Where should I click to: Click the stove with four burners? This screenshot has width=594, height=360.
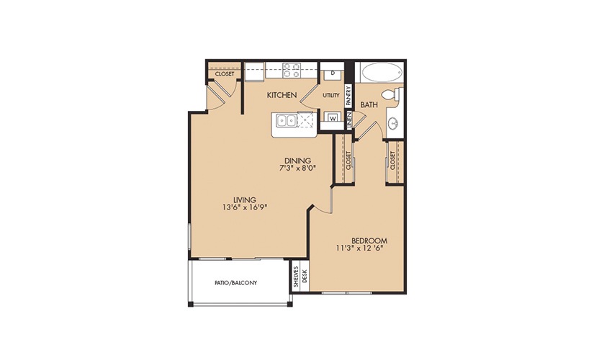coord(292,70)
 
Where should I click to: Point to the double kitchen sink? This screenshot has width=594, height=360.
coord(287,121)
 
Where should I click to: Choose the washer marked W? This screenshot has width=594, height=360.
coord(333,118)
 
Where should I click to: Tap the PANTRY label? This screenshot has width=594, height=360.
coord(348,96)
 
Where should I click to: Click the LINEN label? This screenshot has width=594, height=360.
coord(349,120)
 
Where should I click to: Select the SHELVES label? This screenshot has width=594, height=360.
coord(296,276)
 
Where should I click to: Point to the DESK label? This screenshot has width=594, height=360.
coord(305,277)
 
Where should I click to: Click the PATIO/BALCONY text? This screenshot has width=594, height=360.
coord(235,283)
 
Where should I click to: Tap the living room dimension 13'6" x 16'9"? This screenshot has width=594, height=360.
coord(245,207)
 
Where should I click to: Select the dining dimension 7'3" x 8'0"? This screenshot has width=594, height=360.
coord(298,168)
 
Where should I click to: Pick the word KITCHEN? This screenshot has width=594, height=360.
coord(282,95)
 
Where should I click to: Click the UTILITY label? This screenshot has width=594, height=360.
coord(331,96)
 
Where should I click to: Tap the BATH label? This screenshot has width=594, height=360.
coord(369,104)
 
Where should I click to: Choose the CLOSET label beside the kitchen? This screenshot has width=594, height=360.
coord(225,74)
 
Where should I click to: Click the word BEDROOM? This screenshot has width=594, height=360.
coord(369,240)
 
